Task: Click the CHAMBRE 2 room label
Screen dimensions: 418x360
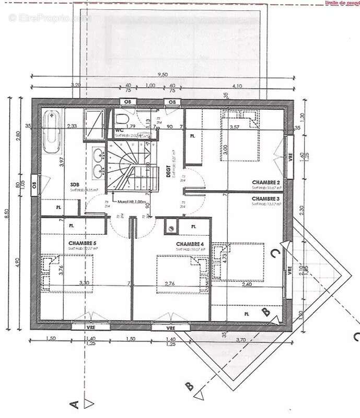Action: coord(266,182)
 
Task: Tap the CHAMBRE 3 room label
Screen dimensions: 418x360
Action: coord(266,199)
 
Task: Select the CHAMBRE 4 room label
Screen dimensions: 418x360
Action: coord(190,244)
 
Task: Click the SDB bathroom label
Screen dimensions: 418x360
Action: coord(75,184)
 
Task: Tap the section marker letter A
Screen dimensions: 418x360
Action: coord(74,403)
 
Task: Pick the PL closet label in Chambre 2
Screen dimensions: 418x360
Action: coord(193,136)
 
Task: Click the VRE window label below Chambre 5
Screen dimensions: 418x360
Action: coord(90,328)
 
